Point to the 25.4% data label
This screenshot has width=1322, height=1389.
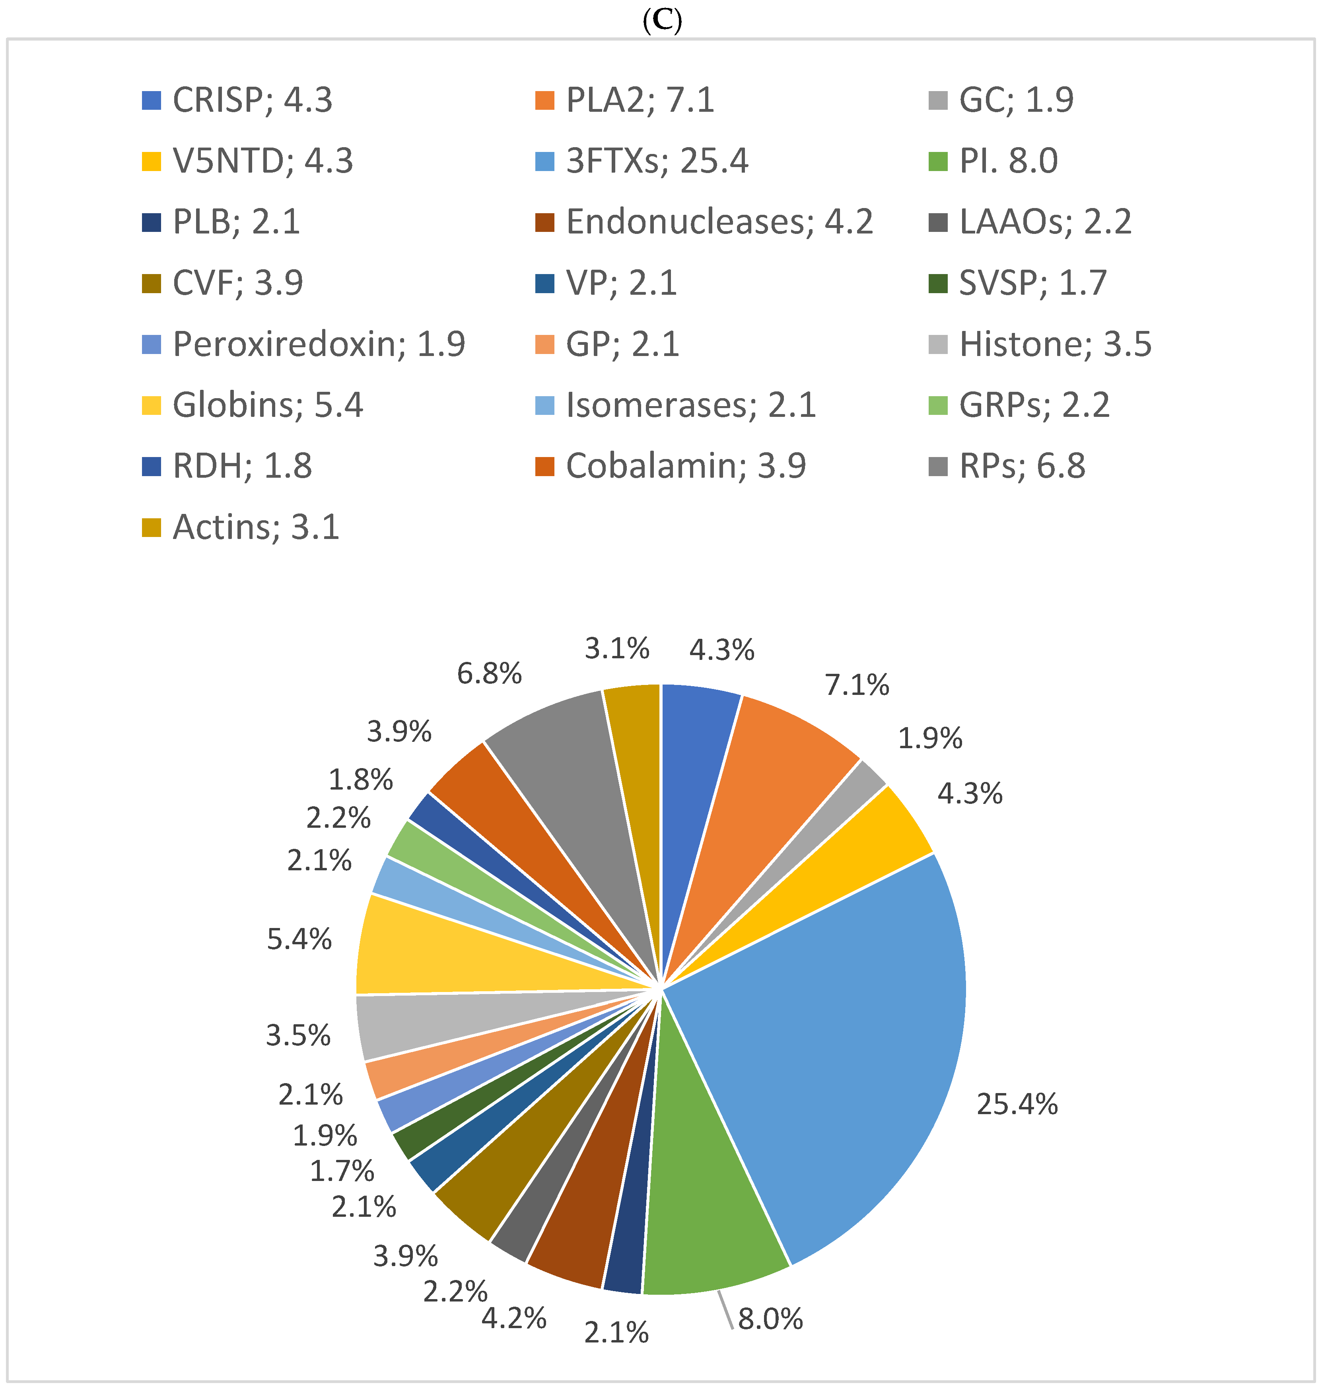1016,1104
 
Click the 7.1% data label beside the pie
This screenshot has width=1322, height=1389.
857,685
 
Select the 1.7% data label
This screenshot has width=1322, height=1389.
342,1171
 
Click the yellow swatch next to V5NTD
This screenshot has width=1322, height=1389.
152,161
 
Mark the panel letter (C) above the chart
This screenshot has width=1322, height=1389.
663,21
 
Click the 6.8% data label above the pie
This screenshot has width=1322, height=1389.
489,674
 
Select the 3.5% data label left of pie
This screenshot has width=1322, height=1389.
298,1035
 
